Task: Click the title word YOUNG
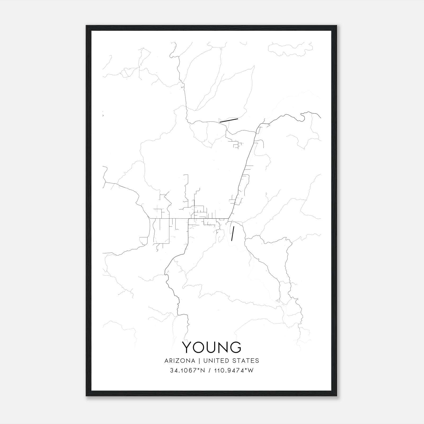click(x=212, y=347)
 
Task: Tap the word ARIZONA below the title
click(x=180, y=361)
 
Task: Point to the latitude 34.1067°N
click(x=188, y=370)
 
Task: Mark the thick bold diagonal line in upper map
click(x=229, y=121)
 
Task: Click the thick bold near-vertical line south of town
click(x=233, y=233)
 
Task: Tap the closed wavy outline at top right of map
click(x=290, y=49)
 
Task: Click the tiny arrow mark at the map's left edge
click(x=103, y=115)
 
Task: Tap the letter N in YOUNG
click(x=223, y=347)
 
